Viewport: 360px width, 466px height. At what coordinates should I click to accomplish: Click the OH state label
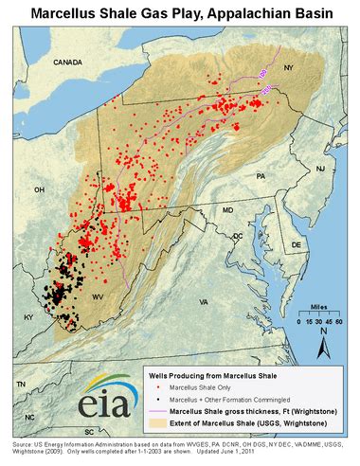tap(39, 189)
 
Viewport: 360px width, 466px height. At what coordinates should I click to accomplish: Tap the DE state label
tap(296, 243)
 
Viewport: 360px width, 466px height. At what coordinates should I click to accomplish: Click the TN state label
tap(20, 385)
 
